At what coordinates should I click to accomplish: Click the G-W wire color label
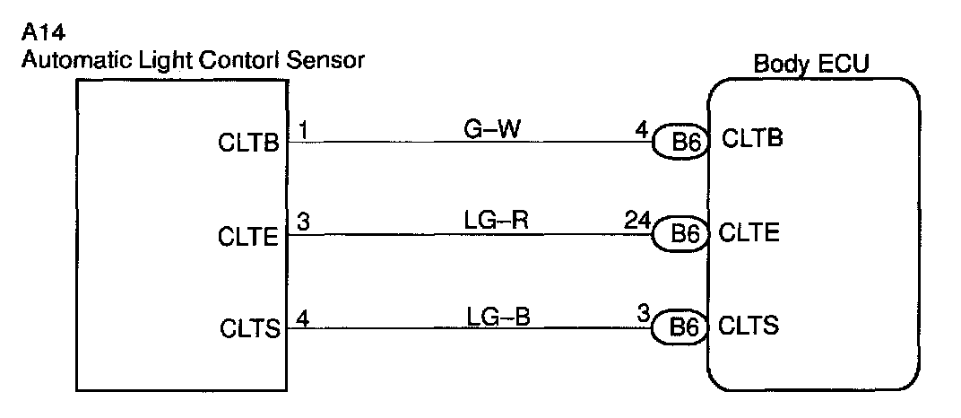click(488, 131)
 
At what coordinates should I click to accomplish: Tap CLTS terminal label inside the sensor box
click(249, 330)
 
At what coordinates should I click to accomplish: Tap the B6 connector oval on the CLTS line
click(680, 327)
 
